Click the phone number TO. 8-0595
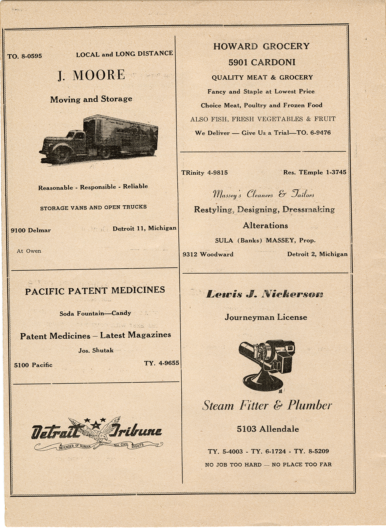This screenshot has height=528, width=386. click(x=25, y=56)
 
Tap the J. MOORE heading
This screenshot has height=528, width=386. click(x=91, y=75)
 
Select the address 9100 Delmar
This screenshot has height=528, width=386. click(x=31, y=230)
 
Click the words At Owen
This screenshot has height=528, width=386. click(x=29, y=251)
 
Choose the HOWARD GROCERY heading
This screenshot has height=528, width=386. click(x=261, y=46)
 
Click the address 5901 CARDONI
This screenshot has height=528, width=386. click(x=262, y=62)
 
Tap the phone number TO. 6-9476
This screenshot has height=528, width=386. click(x=314, y=133)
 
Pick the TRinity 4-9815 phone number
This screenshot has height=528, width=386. click(x=205, y=173)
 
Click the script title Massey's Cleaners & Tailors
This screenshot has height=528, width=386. click(x=263, y=194)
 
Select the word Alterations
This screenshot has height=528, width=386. click(x=265, y=226)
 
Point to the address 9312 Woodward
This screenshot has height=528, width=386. click(x=208, y=254)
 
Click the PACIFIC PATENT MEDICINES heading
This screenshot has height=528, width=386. click(x=95, y=291)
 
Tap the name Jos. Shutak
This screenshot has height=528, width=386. click(x=96, y=351)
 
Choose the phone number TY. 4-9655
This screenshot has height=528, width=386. click(x=161, y=363)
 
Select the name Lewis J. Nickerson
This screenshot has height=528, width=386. click(x=265, y=294)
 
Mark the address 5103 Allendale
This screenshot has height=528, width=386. click(x=268, y=429)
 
